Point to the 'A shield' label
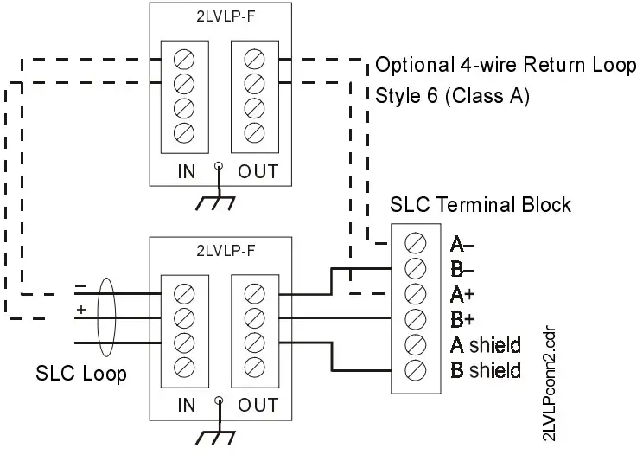[x=486, y=345]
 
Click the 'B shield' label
[x=486, y=370]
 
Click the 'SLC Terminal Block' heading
[x=481, y=205]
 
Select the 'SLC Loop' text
[x=81, y=375]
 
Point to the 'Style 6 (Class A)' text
[x=452, y=95]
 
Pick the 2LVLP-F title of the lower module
[x=220, y=250]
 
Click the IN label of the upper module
[x=186, y=170]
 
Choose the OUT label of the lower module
[x=258, y=405]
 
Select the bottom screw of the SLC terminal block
[x=414, y=370]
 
